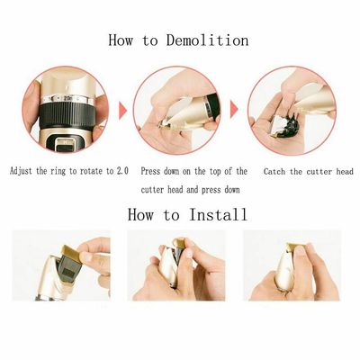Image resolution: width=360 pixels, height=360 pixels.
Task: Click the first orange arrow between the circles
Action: [123, 111]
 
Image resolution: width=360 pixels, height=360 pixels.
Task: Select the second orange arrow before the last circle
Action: [235, 111]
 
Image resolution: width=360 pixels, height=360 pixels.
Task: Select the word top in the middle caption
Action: [221, 171]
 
